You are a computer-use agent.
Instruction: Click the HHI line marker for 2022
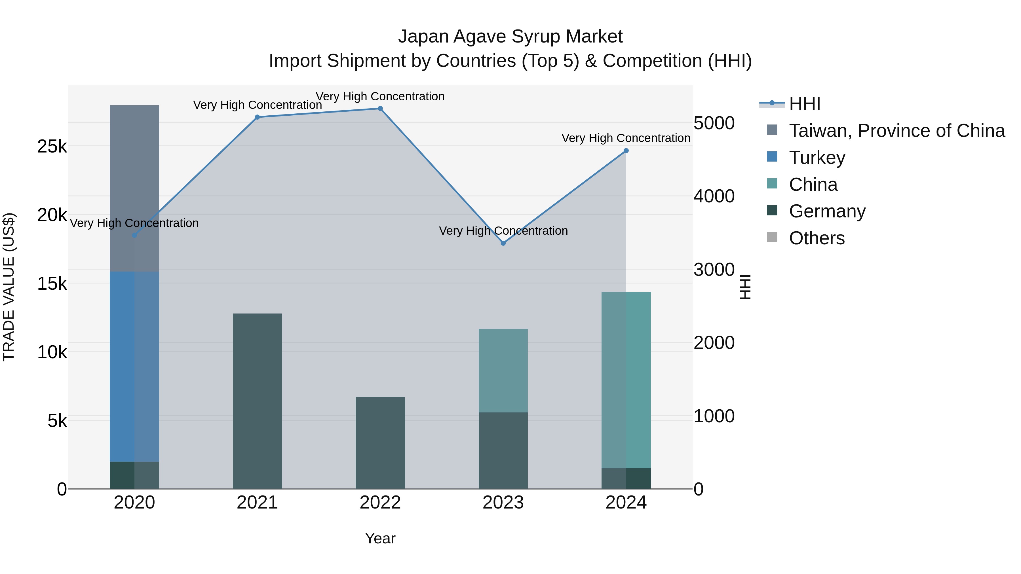380,109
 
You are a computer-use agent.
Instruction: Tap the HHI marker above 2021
257,117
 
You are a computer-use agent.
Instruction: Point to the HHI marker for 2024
626,151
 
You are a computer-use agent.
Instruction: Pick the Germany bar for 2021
257,401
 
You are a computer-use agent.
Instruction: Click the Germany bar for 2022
380,442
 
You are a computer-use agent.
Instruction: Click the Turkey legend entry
817,158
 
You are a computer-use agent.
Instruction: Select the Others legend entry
817,238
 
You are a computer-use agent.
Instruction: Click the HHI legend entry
804,104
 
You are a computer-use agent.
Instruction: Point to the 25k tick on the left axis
52,147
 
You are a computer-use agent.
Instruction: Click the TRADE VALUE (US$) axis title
9,287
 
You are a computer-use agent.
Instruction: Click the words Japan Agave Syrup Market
510,37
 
